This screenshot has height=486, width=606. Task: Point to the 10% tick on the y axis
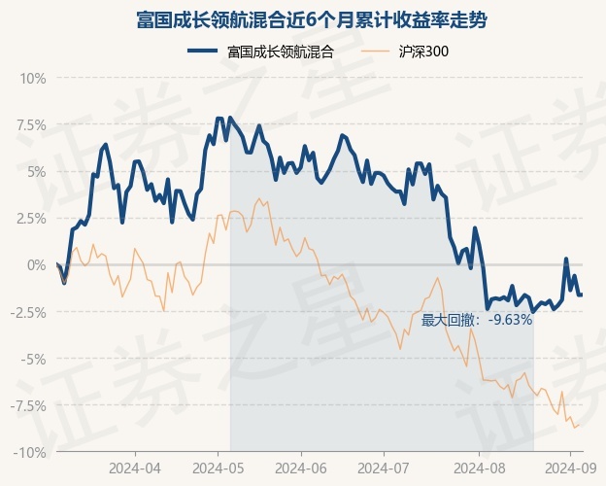coord(33,78)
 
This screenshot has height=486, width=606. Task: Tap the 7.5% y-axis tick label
coord(29,124)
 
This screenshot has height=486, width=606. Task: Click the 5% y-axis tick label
coord(36,171)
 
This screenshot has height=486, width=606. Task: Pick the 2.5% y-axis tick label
coord(29,218)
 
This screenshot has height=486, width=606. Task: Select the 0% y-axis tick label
coord(36,264)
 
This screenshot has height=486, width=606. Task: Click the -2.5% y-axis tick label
coord(27,312)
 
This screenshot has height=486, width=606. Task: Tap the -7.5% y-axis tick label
coord(27,405)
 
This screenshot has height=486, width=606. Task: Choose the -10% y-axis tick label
coord(30,452)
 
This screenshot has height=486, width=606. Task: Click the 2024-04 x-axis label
coord(134,468)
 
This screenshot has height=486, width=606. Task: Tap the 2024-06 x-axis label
coord(301,468)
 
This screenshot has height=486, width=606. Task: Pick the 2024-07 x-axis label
coord(384,468)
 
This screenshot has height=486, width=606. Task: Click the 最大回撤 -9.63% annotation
coord(477,319)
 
